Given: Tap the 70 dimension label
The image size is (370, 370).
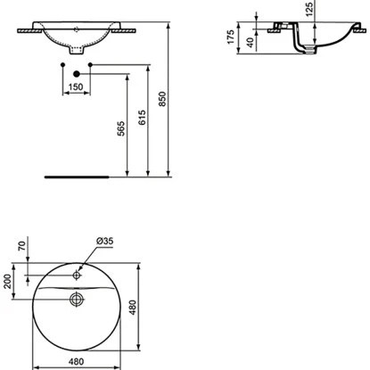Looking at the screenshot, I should coord(20,260).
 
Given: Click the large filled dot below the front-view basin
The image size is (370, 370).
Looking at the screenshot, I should coord(78,72).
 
